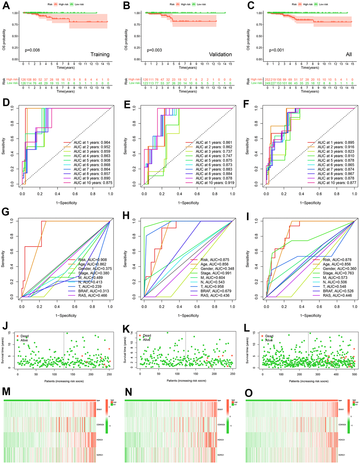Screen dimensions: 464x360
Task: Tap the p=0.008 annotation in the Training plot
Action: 32,50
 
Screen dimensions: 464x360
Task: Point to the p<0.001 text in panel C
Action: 276,50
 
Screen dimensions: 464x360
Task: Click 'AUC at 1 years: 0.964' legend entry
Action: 92,143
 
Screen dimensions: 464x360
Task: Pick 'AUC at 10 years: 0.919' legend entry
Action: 215,183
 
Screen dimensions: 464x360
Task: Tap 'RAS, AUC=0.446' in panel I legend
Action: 337,296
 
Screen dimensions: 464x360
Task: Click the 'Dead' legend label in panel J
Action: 25,336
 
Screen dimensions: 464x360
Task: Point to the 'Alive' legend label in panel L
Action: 269,340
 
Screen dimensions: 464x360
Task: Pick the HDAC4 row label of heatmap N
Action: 220,440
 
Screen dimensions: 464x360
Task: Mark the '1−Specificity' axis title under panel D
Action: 66,203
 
